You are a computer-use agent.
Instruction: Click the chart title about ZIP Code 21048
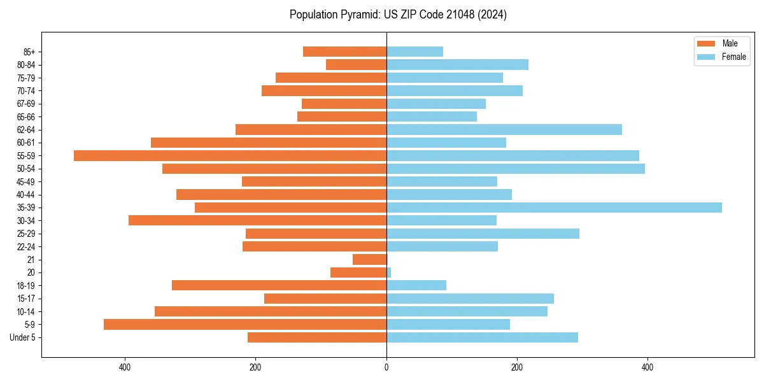pyautogui.click(x=398, y=15)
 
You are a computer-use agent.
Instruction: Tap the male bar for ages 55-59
pyautogui.click(x=230, y=155)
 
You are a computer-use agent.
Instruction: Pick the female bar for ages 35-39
pyautogui.click(x=554, y=208)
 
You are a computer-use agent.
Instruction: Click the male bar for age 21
pyautogui.click(x=369, y=259)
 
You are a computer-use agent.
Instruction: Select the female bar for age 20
pyautogui.click(x=388, y=272)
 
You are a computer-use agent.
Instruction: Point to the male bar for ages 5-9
pyautogui.click(x=245, y=324)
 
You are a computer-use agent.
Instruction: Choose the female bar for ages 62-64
pyautogui.click(x=504, y=129)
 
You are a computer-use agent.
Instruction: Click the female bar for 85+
pyautogui.click(x=414, y=52)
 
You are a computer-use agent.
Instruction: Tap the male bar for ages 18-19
pyautogui.click(x=279, y=285)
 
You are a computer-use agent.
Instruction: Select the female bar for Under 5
pyautogui.click(x=482, y=337)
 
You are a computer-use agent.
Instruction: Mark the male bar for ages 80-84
pyautogui.click(x=356, y=64)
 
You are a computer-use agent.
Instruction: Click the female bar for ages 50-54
pyautogui.click(x=515, y=169)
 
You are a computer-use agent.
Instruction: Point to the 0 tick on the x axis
pyautogui.click(x=386, y=367)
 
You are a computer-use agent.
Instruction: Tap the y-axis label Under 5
pyautogui.click(x=22, y=337)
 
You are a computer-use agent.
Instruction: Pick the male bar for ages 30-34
pyautogui.click(x=257, y=220)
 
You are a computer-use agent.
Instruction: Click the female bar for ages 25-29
pyautogui.click(x=483, y=234)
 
